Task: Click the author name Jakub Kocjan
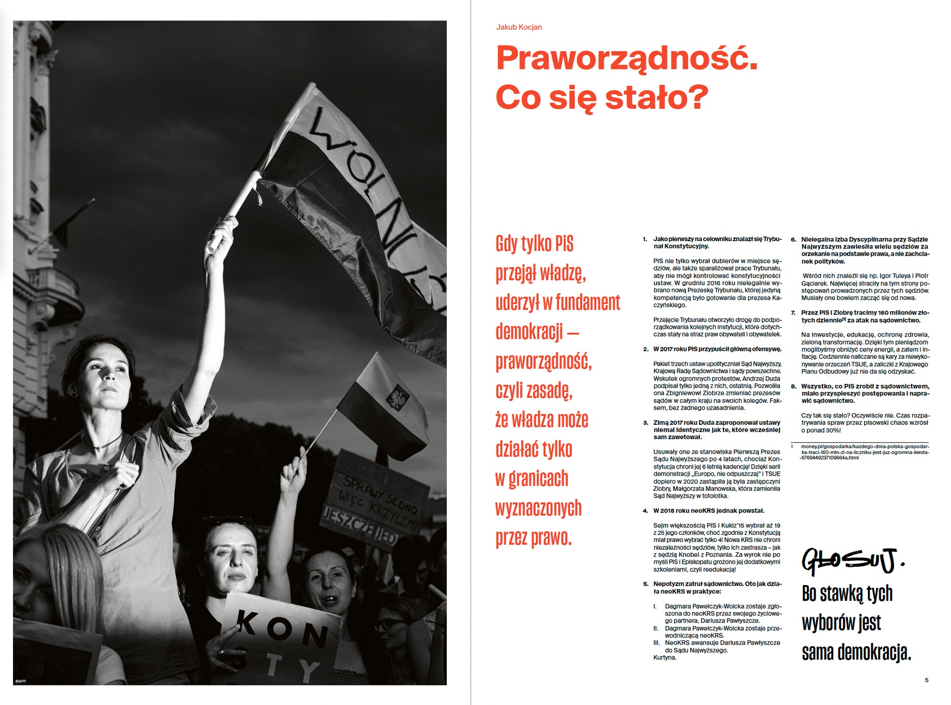(x=519, y=27)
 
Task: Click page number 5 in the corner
(x=926, y=680)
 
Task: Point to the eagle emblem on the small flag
(x=398, y=398)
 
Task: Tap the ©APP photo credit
(x=20, y=681)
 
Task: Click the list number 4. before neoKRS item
(x=645, y=511)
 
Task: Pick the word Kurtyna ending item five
(x=664, y=658)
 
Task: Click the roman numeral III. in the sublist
(x=657, y=643)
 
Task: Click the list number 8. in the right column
(x=794, y=386)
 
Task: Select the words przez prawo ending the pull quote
(x=533, y=538)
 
